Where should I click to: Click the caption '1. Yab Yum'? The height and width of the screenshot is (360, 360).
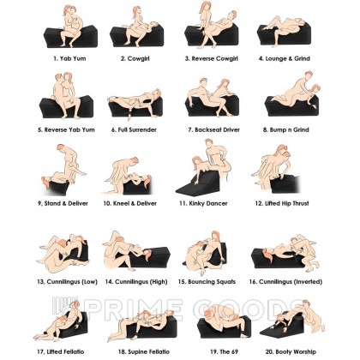(69, 58)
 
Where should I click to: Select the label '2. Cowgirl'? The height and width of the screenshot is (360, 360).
(135, 58)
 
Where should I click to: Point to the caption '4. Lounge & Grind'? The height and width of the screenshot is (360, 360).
(285, 58)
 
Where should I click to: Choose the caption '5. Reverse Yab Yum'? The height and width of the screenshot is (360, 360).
(66, 129)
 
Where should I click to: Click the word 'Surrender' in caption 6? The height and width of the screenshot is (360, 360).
(142, 129)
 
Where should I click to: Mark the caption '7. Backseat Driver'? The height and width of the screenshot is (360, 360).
(213, 129)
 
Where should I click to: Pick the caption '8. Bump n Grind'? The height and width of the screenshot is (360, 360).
(286, 129)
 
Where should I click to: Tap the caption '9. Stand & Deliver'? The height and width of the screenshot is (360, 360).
(63, 203)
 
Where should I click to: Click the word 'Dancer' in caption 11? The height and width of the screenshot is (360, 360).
(217, 203)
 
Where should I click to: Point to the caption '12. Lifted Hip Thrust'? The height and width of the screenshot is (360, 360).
(282, 203)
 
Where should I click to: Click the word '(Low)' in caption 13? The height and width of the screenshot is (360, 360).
(89, 282)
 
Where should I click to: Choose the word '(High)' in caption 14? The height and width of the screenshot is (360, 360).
(158, 282)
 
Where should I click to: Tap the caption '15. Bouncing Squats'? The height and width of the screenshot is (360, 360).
(207, 282)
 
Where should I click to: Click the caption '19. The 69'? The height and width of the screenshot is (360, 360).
(224, 351)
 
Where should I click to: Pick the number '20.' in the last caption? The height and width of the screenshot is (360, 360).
(270, 351)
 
